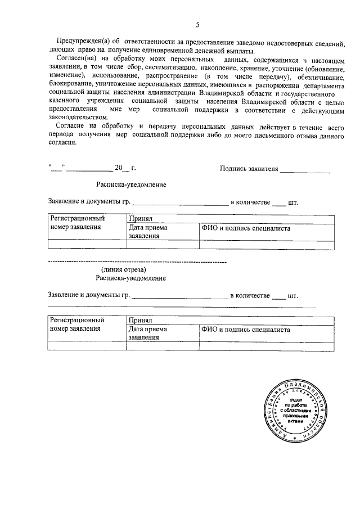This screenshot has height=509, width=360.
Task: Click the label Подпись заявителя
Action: pyautogui.click(x=250, y=168)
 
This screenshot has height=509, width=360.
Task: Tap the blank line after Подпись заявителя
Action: pyautogui.click(x=305, y=169)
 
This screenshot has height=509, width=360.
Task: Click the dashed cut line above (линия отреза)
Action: pyautogui.click(x=137, y=262)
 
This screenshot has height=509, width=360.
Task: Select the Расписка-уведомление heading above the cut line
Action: pyautogui.click(x=131, y=184)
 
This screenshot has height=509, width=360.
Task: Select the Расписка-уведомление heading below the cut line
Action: pyautogui.click(x=131, y=278)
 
